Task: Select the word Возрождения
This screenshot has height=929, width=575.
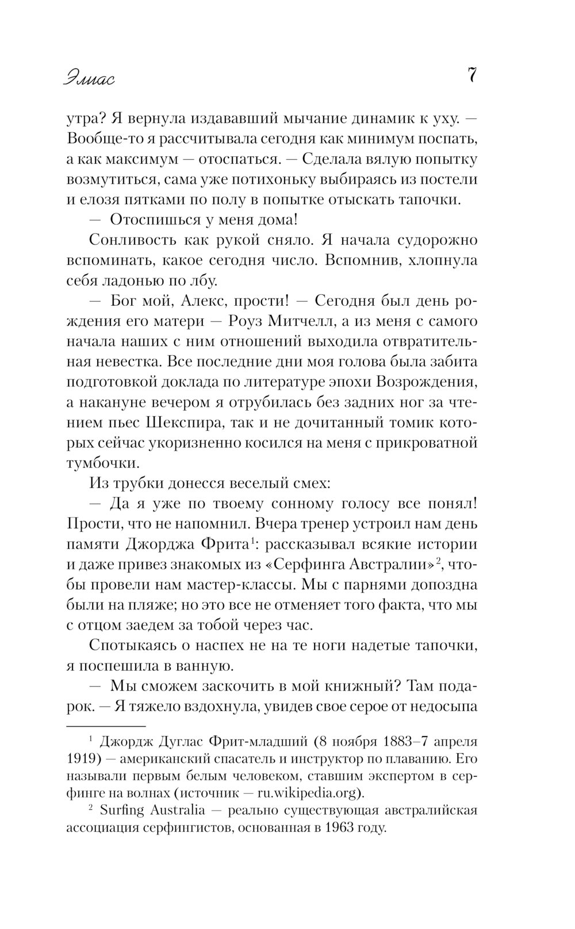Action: click(x=425, y=382)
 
